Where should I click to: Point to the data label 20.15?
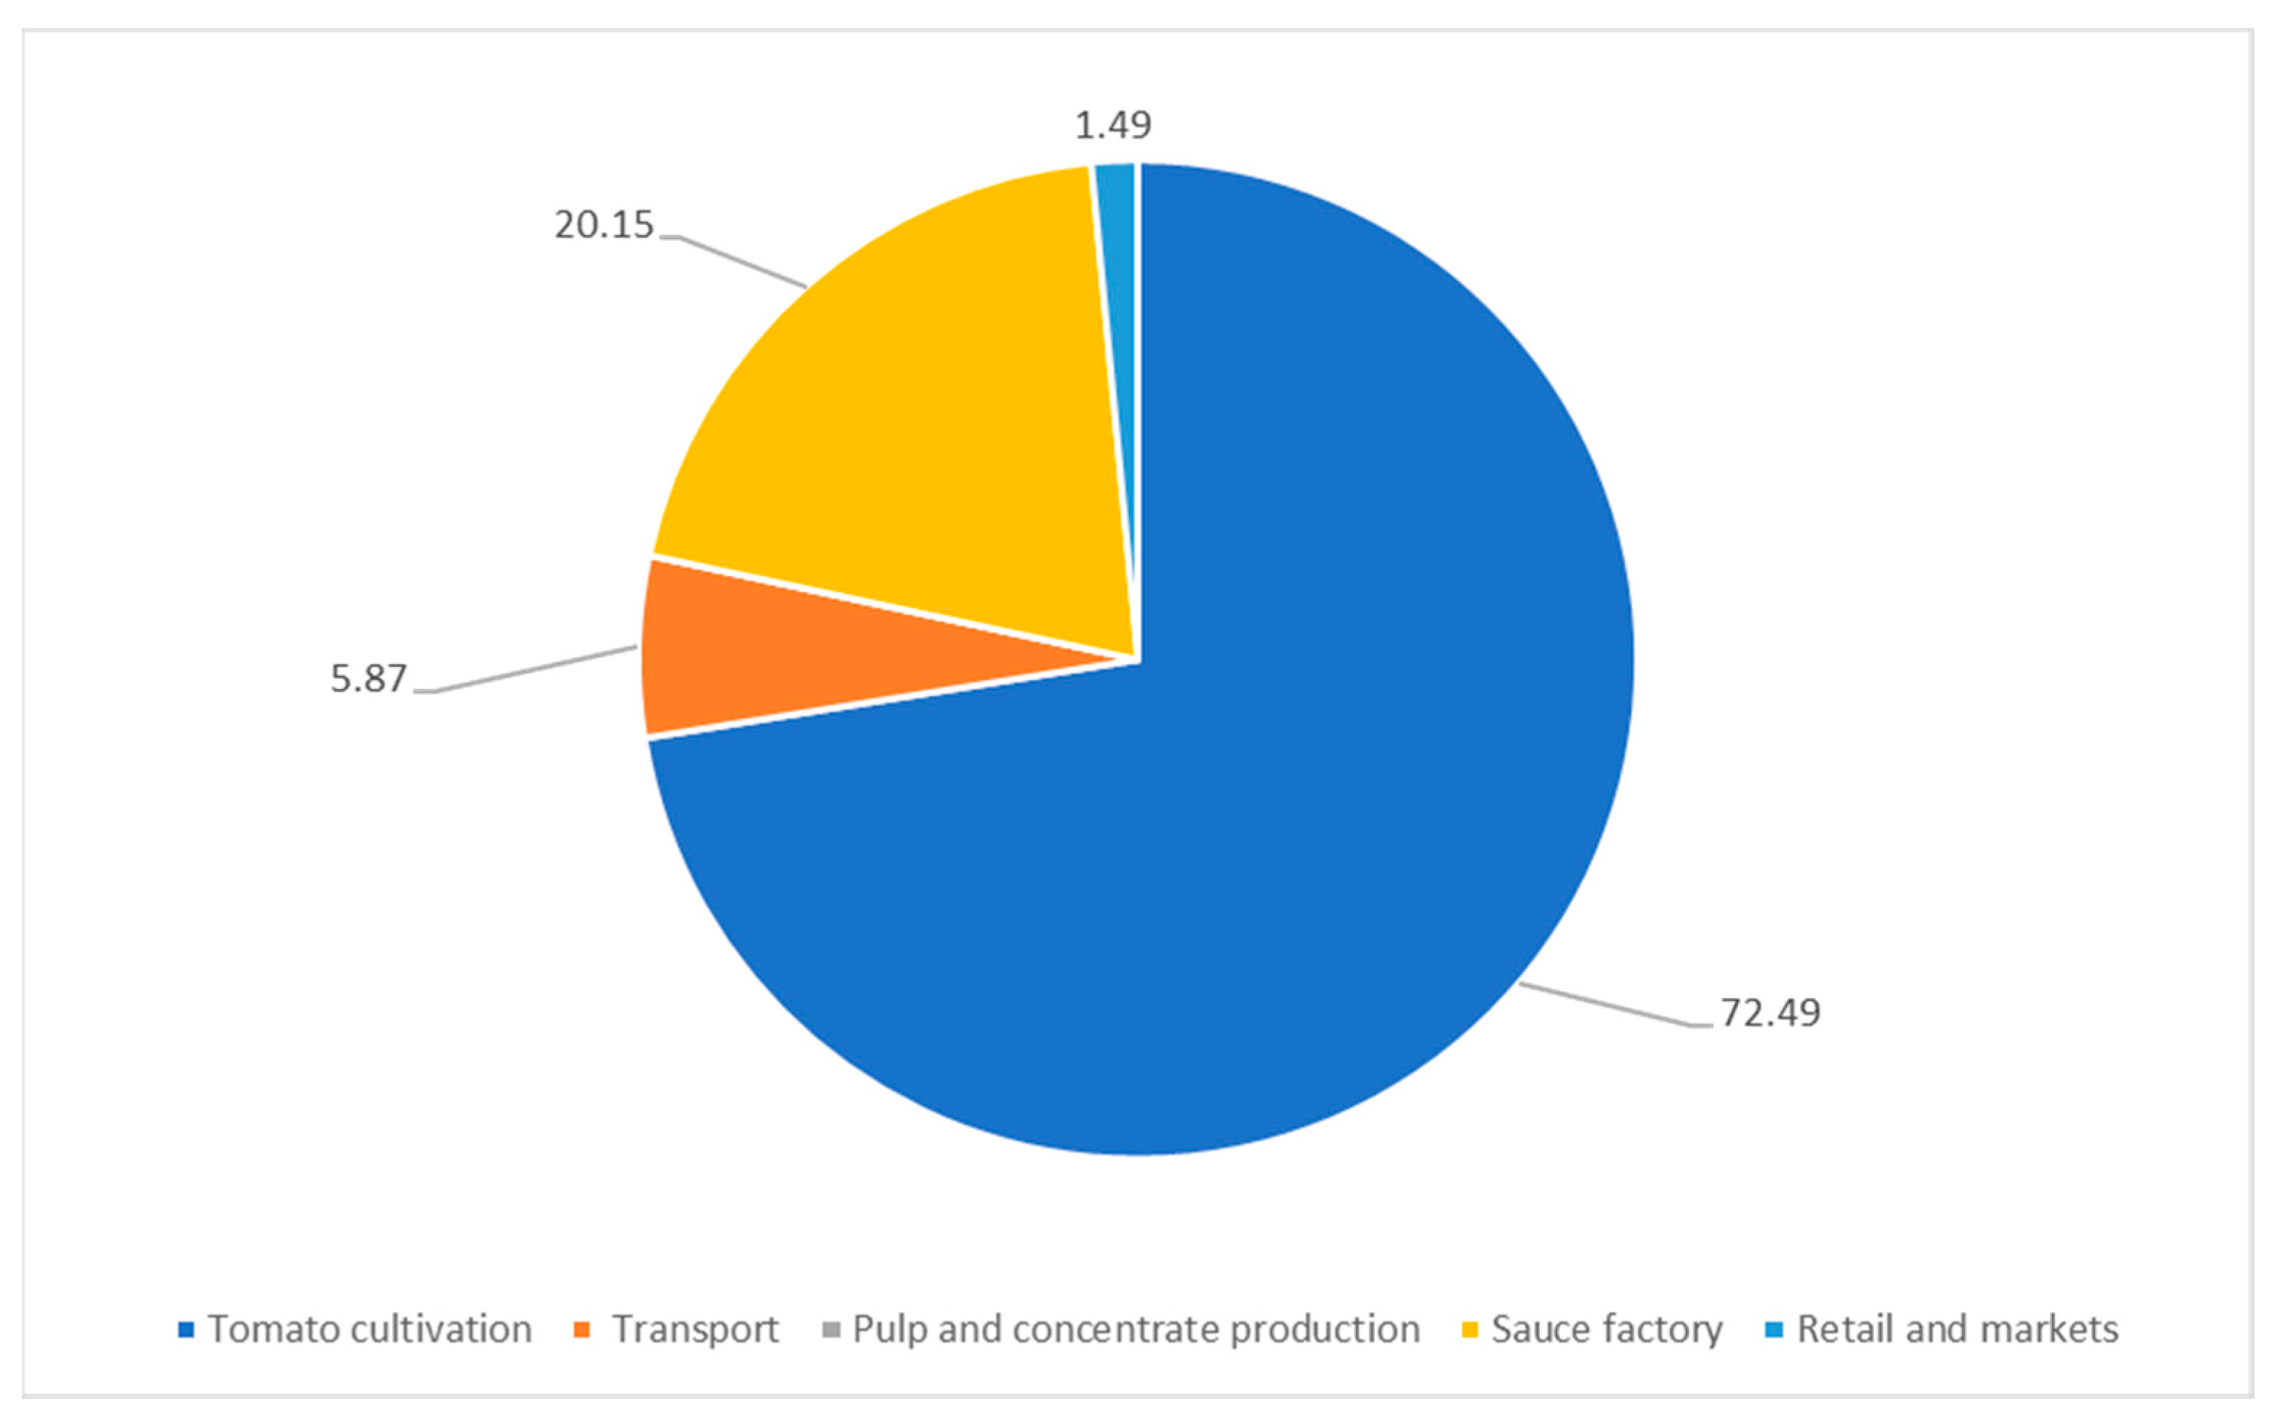coord(604,226)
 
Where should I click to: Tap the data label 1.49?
coord(1114,124)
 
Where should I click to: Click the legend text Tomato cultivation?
coord(370,1330)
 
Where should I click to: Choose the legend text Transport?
coord(696,1330)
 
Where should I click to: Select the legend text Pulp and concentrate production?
coord(1136,1330)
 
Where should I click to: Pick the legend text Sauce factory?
coord(1607,1330)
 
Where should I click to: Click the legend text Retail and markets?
coord(1958,1330)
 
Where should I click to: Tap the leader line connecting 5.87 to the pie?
coord(538,669)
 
